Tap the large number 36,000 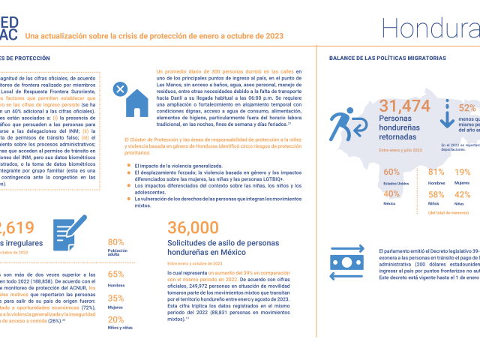tap(193, 229)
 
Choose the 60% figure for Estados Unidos tap(391, 172)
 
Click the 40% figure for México tap(391, 194)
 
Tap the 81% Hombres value tap(436, 172)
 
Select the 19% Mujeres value tap(463, 172)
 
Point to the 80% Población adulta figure tap(115, 241)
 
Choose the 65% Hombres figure tap(116, 274)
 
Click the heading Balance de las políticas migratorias tap(387, 58)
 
